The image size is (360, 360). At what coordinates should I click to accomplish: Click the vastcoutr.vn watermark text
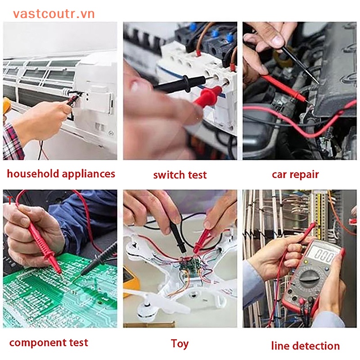pos(54,14)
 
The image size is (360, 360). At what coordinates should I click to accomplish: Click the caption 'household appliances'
pos(61,174)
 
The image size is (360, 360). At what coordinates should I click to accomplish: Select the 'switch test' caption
pos(180,175)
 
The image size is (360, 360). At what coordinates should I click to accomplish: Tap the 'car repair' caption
pos(295,174)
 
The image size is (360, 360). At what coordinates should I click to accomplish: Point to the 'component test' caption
pos(49,342)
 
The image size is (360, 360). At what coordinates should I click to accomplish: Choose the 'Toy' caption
pos(180,344)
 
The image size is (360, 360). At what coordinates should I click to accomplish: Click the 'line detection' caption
pos(305,346)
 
